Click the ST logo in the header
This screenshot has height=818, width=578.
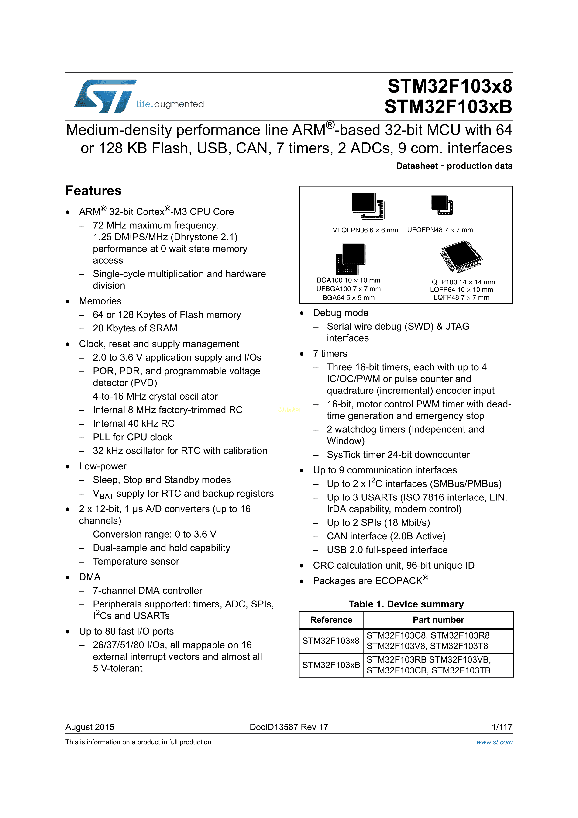[105, 96]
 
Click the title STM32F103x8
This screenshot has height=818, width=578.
[450, 86]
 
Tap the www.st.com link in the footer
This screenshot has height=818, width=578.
[494, 742]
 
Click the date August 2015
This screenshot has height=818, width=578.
[90, 727]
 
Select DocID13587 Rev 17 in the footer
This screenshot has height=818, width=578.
[289, 727]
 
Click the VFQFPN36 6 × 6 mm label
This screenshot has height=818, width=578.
[365, 230]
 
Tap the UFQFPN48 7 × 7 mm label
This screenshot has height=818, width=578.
[440, 230]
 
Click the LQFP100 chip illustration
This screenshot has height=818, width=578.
[461, 256]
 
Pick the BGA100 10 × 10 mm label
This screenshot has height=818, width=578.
[348, 280]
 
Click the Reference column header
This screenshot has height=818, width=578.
[331, 620]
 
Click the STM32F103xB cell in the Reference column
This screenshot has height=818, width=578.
[331, 665]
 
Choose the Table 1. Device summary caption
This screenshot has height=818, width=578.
[406, 604]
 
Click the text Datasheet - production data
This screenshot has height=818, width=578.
[454, 166]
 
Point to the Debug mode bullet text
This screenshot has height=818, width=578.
[341, 313]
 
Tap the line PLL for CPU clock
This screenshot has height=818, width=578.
[132, 437]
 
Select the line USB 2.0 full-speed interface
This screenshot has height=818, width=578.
[387, 550]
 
